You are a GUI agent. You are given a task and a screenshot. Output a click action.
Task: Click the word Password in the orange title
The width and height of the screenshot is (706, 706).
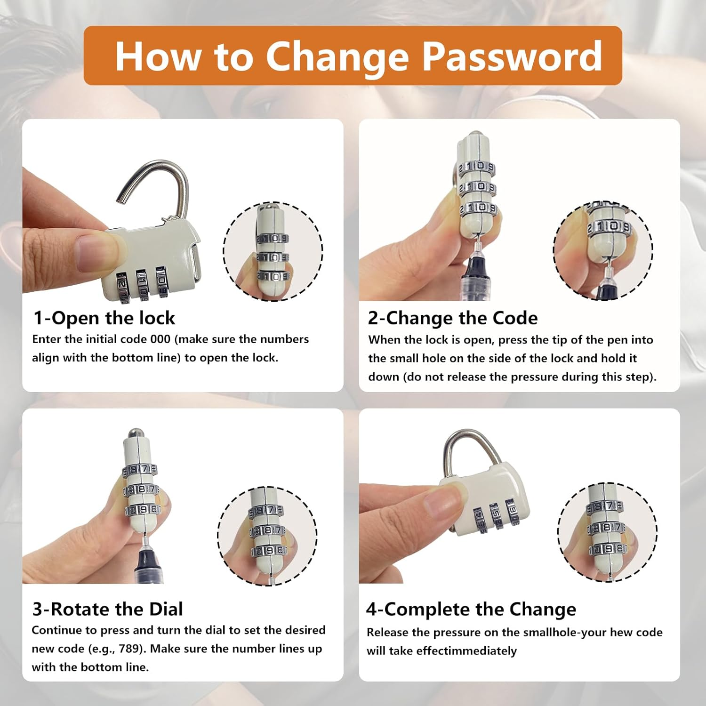512,57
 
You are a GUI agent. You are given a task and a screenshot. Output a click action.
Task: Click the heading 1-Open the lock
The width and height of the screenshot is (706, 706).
104,318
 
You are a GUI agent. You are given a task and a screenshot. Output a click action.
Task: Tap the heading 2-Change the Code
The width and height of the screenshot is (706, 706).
453,318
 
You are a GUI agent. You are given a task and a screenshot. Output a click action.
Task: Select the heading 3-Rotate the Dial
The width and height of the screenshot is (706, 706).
108,609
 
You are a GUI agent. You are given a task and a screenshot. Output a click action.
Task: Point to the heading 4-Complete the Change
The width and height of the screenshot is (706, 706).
471,610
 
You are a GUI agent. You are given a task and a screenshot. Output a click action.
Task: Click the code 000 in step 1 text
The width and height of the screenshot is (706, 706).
160,339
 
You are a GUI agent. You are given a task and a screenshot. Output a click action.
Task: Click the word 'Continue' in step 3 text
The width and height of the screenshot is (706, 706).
56,630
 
